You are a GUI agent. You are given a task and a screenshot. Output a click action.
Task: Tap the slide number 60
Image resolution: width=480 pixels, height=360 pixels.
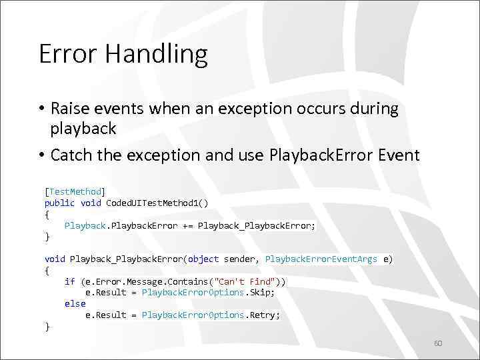(x=438, y=343)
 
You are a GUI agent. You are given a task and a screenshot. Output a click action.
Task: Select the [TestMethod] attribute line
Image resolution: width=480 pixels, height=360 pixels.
(x=75, y=191)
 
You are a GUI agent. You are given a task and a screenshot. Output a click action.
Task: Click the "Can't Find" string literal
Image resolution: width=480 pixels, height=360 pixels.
(x=250, y=281)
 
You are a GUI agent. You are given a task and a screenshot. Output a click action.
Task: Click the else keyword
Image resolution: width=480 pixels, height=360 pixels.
(x=75, y=303)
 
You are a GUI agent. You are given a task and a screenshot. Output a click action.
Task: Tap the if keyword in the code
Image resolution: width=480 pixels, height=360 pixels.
(x=69, y=281)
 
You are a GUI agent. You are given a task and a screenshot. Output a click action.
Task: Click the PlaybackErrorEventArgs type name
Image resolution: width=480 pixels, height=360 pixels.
(x=321, y=259)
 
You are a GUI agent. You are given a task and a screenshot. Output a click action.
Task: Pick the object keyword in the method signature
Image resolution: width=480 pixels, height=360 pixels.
(x=203, y=259)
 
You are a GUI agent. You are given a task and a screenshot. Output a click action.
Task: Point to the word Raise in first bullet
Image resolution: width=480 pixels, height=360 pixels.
(x=69, y=109)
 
